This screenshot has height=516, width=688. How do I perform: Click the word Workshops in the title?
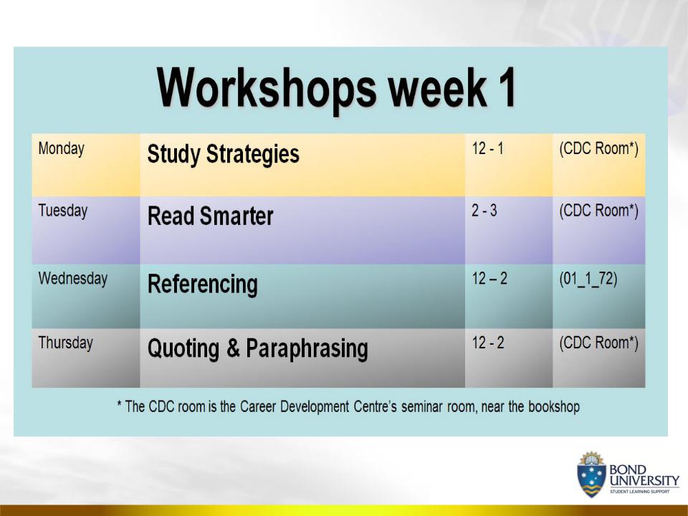pyautogui.click(x=267, y=89)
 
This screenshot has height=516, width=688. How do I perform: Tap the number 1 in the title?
pyautogui.click(x=507, y=87)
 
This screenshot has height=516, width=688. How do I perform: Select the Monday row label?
pyautogui.click(x=62, y=149)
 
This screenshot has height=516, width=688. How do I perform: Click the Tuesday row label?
pyautogui.click(x=63, y=211)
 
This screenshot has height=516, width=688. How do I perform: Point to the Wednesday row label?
pyautogui.click(x=73, y=279)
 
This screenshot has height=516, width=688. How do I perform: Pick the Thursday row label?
pyautogui.click(x=66, y=343)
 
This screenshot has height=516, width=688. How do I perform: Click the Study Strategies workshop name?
pyautogui.click(x=224, y=155)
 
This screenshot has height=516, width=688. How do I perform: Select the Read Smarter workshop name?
pyautogui.click(x=210, y=216)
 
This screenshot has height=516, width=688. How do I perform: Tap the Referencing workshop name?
pyautogui.click(x=202, y=285)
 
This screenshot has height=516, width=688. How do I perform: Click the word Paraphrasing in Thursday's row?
pyautogui.click(x=307, y=350)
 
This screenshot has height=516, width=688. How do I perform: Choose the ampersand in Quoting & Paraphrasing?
pyautogui.click(x=233, y=348)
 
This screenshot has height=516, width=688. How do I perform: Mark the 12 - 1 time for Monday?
pyautogui.click(x=487, y=149)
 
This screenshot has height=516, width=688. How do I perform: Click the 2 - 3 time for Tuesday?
pyautogui.click(x=484, y=211)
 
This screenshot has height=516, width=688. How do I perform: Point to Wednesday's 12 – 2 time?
pyautogui.click(x=489, y=279)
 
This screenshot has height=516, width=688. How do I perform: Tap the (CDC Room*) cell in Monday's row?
pyautogui.click(x=598, y=150)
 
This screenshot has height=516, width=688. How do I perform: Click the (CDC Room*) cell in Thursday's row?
pyautogui.click(x=598, y=343)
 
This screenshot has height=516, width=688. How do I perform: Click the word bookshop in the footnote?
pyautogui.click(x=554, y=407)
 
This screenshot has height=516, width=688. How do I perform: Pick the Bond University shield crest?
pyautogui.click(x=591, y=474)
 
